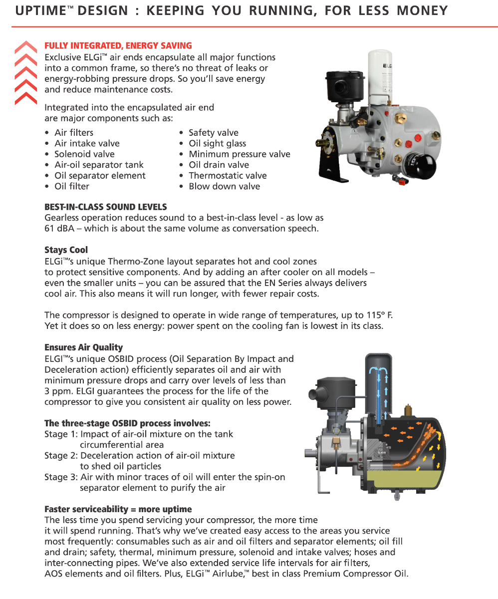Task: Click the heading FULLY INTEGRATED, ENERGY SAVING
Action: click(118, 46)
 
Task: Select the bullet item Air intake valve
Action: click(87, 143)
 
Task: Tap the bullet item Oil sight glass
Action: click(217, 143)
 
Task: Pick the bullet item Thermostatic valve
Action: click(228, 175)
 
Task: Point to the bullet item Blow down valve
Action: click(224, 186)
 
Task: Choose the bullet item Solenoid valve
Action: click(84, 154)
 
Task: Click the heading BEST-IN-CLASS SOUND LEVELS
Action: click(106, 207)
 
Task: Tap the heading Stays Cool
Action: click(66, 250)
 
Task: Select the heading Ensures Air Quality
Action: click(83, 347)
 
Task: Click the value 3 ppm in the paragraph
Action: click(58, 391)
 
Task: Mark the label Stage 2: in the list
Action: click(61, 455)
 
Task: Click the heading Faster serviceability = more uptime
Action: click(118, 509)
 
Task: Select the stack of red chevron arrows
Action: click(26, 73)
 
